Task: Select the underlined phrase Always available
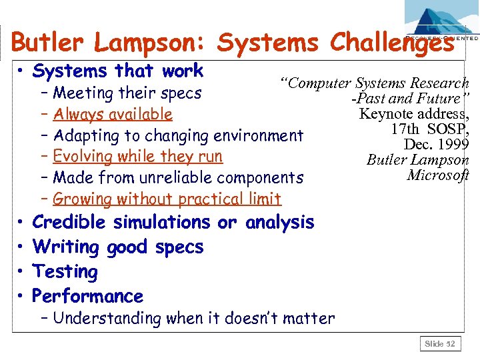point(113,115)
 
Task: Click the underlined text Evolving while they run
point(137,157)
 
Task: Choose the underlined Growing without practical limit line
point(167,199)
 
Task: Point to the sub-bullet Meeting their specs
point(127,93)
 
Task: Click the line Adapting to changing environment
point(178,135)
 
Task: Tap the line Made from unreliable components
point(178,178)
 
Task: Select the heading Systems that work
point(117,70)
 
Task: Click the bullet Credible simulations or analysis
point(173,222)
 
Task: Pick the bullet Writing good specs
point(117,247)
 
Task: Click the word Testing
point(65,271)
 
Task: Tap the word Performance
point(87,296)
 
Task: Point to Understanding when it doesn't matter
point(193,318)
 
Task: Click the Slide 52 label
point(441,344)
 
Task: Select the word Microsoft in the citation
point(437,175)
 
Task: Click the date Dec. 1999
point(436,144)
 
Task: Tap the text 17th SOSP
point(429,129)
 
